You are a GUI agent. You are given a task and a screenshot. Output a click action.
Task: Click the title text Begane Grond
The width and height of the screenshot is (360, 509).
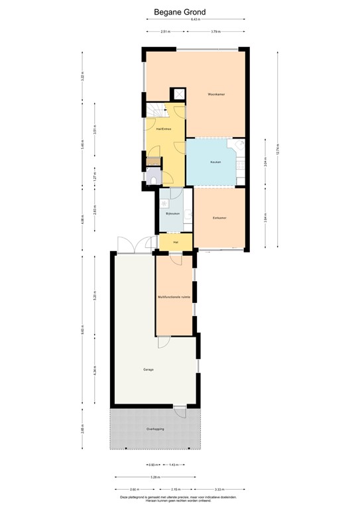180,11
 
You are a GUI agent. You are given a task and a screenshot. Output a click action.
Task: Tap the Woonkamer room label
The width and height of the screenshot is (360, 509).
216,95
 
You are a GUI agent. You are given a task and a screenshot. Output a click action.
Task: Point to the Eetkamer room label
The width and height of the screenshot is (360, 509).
220,218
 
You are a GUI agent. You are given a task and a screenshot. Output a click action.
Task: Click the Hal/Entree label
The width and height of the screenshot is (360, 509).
164,129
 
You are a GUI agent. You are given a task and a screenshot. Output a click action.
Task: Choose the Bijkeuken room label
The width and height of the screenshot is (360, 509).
173,213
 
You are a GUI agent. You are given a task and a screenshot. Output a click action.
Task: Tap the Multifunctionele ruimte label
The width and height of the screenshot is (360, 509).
174,297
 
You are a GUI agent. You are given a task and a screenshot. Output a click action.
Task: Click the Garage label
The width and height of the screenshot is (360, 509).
148,369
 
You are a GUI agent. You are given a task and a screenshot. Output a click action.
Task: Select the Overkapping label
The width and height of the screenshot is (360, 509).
155,429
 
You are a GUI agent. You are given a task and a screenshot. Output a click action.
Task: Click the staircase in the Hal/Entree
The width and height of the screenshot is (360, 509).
156,110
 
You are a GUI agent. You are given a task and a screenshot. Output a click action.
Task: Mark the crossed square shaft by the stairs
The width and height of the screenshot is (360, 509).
177,93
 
